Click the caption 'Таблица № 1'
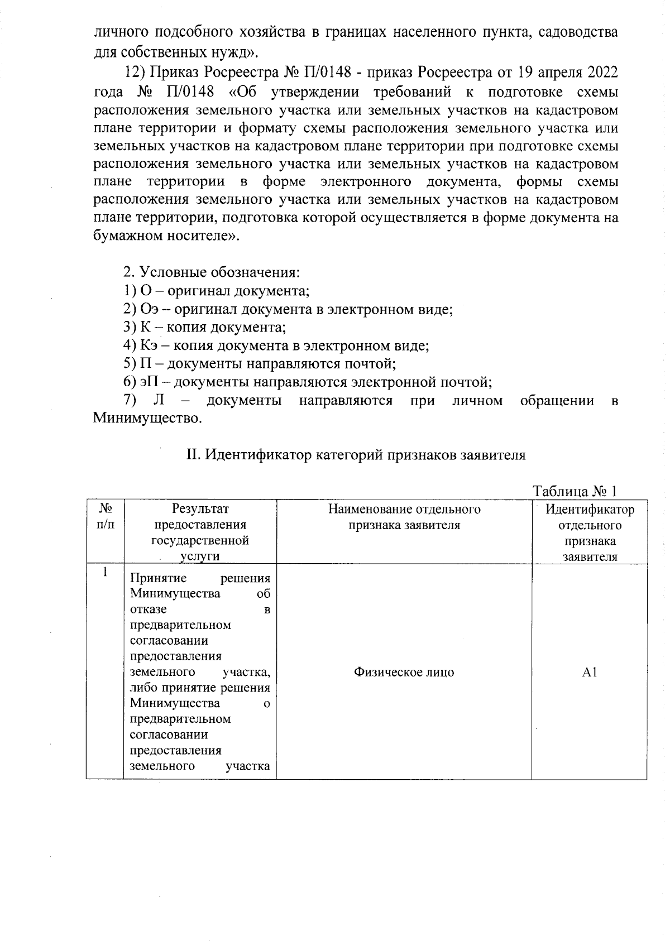point(575,491)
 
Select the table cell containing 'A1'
point(589,673)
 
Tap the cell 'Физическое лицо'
point(404,673)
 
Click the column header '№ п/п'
point(105,517)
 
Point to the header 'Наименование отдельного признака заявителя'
point(404,517)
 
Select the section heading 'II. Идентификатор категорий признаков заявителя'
point(356,455)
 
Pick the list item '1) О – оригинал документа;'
point(216,291)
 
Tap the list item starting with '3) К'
point(204,327)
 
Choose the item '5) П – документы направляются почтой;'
point(259,364)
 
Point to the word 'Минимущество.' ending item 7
point(147,418)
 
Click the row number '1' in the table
point(105,573)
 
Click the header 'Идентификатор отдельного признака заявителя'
point(589,532)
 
